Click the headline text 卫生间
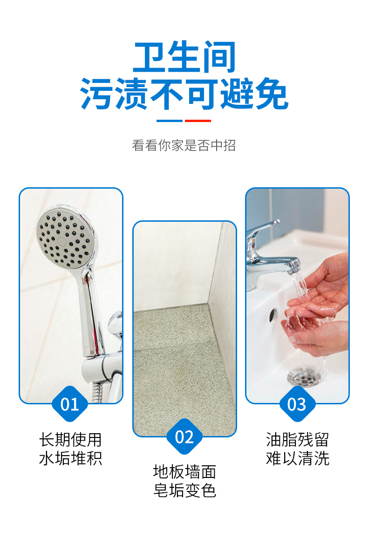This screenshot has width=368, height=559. [184, 56]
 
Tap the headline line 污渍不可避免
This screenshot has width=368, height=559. [184, 94]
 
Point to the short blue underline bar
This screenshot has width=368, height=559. [170, 121]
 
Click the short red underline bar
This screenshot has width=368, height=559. [198, 121]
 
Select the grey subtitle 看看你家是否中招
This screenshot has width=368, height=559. [184, 145]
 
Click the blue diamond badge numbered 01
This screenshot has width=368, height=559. [69, 404]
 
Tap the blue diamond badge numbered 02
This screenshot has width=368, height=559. [184, 437]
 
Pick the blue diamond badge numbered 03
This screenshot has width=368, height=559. [297, 404]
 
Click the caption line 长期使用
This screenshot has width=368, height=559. [70, 440]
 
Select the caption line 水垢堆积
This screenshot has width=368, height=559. [70, 458]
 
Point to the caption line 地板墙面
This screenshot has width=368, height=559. [184, 472]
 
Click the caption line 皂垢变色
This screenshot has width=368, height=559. [184, 491]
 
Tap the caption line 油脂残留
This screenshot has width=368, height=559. [297, 440]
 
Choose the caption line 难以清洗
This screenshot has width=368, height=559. [297, 458]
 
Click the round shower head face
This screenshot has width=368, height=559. [64, 239]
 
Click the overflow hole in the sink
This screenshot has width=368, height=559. [273, 315]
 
